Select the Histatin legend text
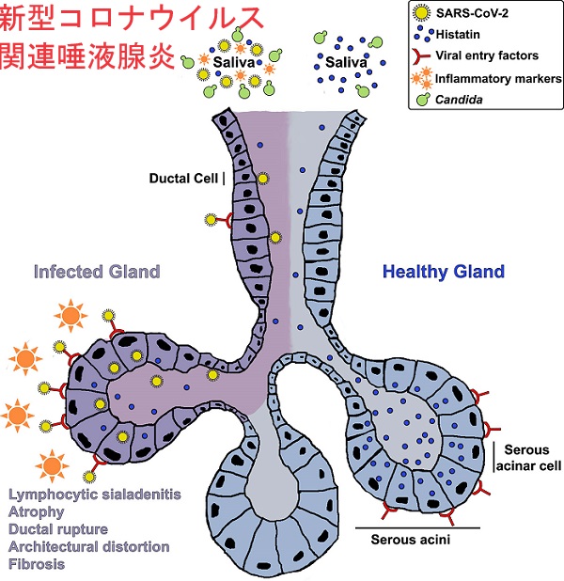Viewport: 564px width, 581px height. (458, 35)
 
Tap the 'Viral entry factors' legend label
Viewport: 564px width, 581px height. (487, 55)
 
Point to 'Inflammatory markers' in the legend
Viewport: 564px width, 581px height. (498, 79)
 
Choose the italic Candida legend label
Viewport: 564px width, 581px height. (459, 100)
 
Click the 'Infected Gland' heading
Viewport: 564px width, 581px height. (97, 272)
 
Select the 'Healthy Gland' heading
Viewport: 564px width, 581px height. (444, 272)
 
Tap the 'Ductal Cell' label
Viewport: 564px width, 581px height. (183, 179)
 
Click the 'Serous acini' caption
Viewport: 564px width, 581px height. (410, 539)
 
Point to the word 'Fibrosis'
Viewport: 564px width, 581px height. (37, 564)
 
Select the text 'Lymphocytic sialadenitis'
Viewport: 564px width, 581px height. (95, 495)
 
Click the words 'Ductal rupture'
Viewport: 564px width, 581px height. (58, 529)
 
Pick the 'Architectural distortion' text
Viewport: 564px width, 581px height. (89, 546)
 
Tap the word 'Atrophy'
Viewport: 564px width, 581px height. (37, 512)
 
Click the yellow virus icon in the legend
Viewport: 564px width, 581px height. (421, 13)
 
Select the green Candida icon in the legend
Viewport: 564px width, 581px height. (423, 100)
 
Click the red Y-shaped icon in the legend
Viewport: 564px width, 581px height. (421, 56)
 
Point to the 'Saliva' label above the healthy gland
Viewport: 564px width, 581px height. (346, 62)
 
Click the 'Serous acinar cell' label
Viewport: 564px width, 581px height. (529, 458)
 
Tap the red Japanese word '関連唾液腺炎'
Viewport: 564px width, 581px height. (87, 56)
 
